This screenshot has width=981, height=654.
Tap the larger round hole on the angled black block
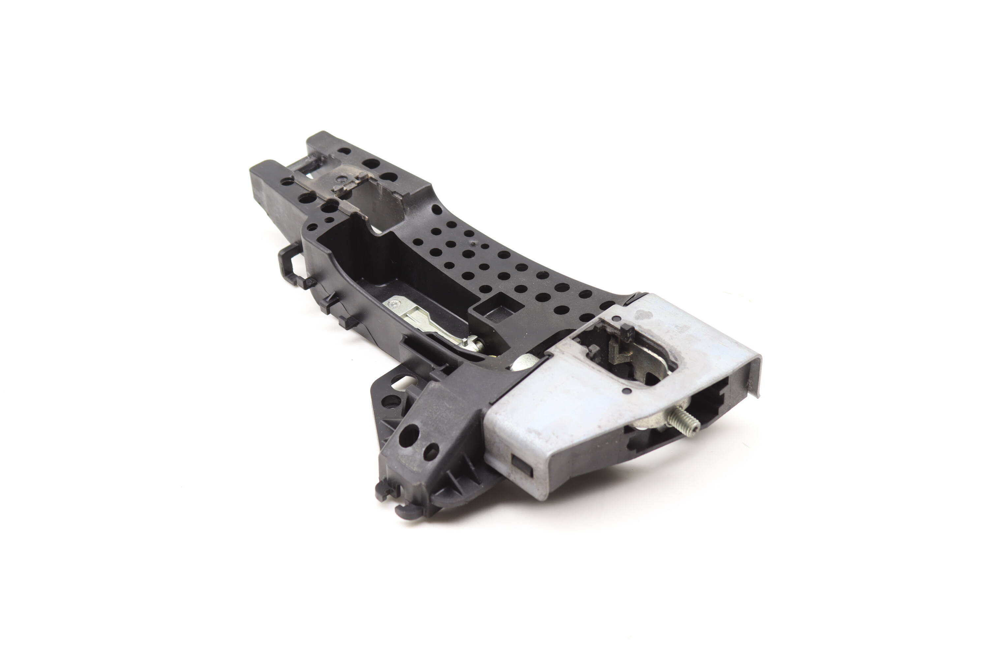coord(409,435)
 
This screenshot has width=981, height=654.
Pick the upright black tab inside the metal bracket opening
coord(624,332)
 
